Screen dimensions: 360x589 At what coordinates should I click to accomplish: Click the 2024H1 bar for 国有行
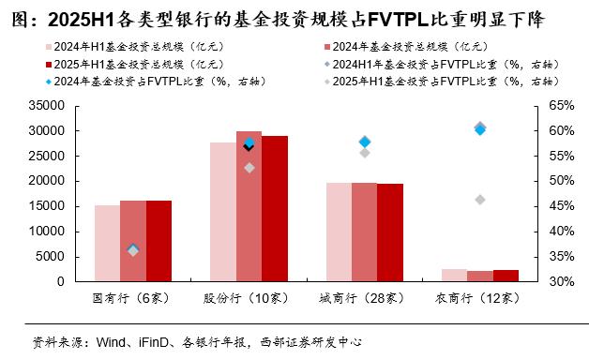tap(107, 243)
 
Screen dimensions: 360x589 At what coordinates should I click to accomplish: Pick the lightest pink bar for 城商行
tap(339, 232)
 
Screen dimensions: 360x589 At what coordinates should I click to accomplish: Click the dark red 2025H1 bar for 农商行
tap(506, 276)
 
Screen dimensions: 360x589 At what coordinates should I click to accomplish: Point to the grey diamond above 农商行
tap(480, 200)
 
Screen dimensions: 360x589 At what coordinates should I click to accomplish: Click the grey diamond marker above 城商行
tap(365, 153)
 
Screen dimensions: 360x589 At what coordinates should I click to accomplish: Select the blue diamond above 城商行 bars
tap(365, 142)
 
